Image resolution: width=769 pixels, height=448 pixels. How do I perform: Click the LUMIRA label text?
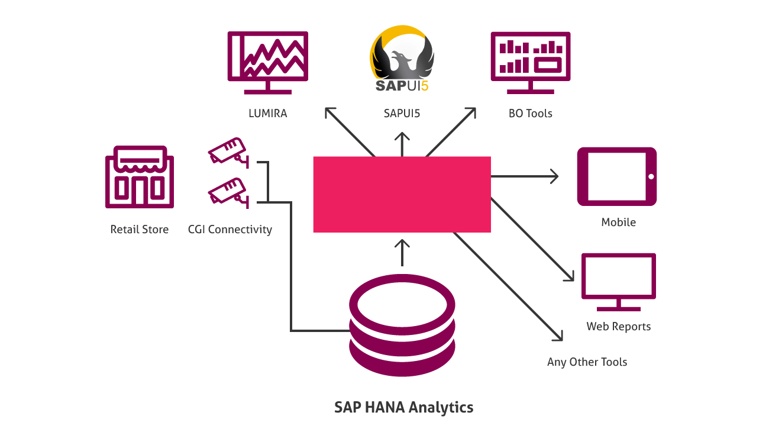268,114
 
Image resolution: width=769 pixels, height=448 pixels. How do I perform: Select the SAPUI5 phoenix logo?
402,59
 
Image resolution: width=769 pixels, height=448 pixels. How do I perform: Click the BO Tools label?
531,114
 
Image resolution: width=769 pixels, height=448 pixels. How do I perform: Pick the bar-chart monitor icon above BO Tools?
531,63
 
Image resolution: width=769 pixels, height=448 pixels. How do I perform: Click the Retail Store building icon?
140,177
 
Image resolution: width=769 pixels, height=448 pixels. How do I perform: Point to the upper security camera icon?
229,152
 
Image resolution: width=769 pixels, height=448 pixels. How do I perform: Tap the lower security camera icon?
229,192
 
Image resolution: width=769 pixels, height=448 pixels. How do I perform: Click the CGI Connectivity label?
230,230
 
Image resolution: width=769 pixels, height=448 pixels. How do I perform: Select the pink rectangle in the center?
402,195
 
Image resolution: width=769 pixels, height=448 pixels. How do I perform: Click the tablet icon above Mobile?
617,176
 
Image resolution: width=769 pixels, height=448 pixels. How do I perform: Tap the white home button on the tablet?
651,176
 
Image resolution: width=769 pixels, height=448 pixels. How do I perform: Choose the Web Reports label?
619,326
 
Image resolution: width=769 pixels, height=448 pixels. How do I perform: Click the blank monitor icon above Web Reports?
619,282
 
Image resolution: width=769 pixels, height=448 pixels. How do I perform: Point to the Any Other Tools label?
587,362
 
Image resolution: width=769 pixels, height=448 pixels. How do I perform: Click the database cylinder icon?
402,325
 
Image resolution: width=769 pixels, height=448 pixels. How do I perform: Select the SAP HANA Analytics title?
403,407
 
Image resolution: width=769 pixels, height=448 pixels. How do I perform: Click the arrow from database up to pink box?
402,253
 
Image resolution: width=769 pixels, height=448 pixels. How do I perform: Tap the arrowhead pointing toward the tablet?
554,176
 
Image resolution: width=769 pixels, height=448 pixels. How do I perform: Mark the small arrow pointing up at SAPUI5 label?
402,144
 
